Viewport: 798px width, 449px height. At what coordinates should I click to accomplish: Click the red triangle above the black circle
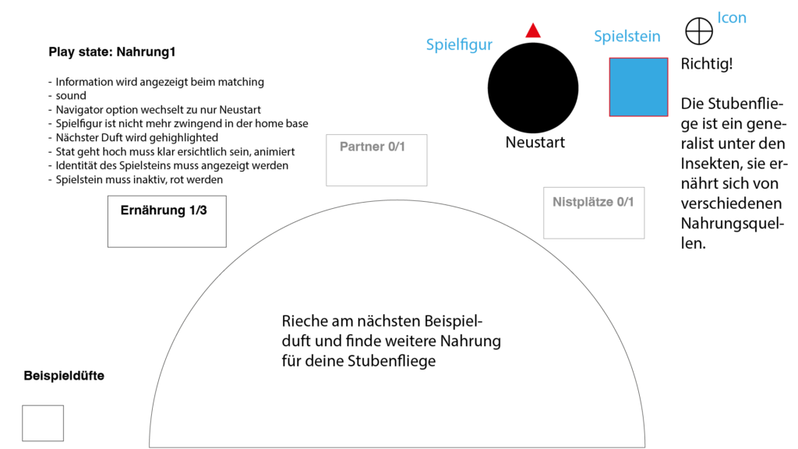[533, 30]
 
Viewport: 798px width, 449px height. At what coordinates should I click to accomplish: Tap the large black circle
[533, 88]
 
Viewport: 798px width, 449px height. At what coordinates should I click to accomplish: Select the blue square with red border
[639, 87]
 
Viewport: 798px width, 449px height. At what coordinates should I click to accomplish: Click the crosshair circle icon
[699, 31]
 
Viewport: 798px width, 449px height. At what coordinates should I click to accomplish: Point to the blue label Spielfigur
[459, 44]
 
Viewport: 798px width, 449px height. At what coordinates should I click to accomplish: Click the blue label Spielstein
[627, 36]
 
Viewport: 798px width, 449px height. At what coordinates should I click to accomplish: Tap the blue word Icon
[731, 18]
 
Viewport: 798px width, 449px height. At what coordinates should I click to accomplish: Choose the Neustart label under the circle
[535, 143]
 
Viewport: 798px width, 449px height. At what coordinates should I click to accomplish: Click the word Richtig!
[707, 64]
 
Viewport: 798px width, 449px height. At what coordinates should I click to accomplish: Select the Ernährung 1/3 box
[167, 221]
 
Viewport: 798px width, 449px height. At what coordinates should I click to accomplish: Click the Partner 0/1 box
[376, 161]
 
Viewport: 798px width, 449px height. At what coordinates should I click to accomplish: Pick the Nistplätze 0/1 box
[594, 213]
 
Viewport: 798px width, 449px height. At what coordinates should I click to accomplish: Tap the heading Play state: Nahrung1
[112, 52]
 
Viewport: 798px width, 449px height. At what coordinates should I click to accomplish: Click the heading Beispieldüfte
[64, 376]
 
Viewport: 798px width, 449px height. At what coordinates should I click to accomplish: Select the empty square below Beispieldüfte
[43, 423]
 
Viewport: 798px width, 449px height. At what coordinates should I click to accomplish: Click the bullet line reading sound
[67, 96]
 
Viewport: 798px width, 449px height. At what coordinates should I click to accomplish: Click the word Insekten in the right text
[711, 164]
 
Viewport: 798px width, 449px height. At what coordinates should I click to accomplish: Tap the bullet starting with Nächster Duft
[133, 137]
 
